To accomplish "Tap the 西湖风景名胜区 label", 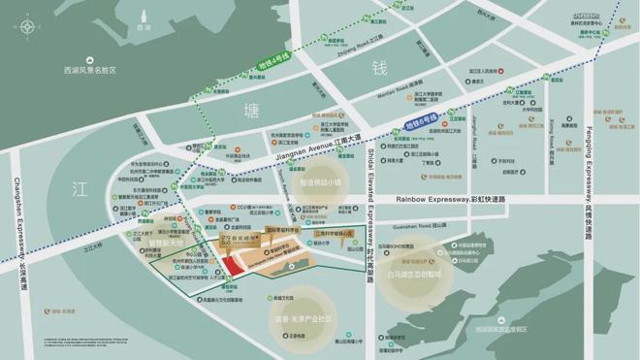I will pyautogui.click(x=88, y=71).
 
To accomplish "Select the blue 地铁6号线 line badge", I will pyautogui.click(x=418, y=120).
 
